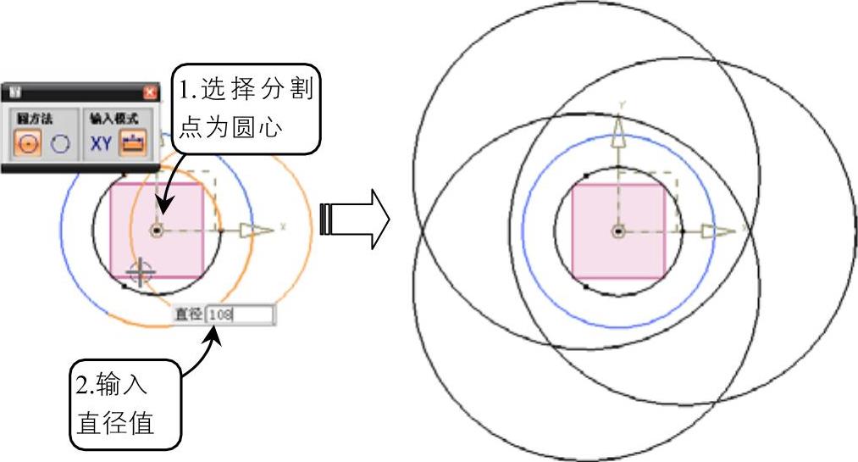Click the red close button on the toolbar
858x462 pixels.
151,92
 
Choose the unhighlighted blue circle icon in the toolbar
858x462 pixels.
59,143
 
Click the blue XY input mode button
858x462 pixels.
101,143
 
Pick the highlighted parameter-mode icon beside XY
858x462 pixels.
132,143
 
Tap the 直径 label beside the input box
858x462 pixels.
187,315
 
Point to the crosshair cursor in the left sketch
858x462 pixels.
140,271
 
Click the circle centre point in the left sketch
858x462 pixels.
157,230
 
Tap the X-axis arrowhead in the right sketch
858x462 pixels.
723,231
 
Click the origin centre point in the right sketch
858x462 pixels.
619,231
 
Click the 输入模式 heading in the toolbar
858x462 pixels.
114,119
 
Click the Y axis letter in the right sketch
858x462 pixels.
623,104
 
